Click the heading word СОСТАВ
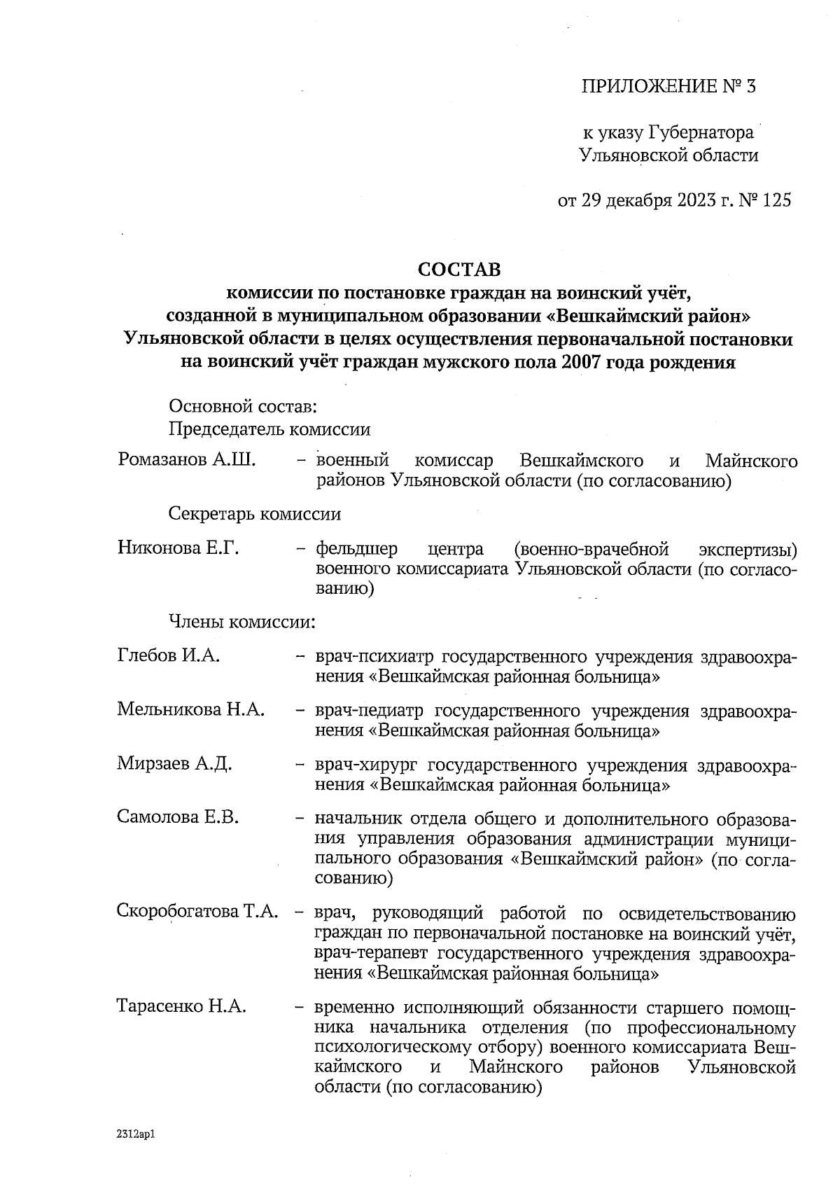coord(459,270)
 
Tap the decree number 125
coord(776,201)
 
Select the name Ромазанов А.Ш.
coord(187,460)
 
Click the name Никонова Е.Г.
coord(178,548)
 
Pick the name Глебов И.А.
coord(169,656)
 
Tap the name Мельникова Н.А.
coord(190,709)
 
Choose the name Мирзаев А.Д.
coord(174,763)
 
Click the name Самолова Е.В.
coord(178,816)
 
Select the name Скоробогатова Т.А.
coord(198,912)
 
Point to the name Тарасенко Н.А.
coord(181,1007)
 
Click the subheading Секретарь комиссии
coord(255,515)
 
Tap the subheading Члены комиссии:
coord(241,621)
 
